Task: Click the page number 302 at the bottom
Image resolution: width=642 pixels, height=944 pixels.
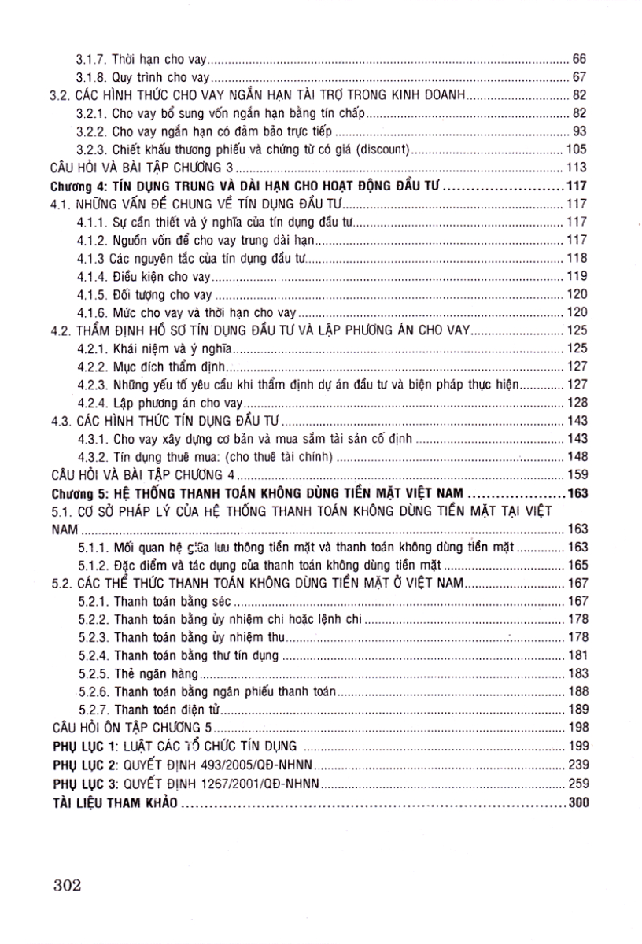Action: pos(68,883)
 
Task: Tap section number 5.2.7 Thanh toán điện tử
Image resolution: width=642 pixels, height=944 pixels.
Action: pos(93,709)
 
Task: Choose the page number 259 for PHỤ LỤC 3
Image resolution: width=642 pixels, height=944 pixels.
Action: pos(577,781)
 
